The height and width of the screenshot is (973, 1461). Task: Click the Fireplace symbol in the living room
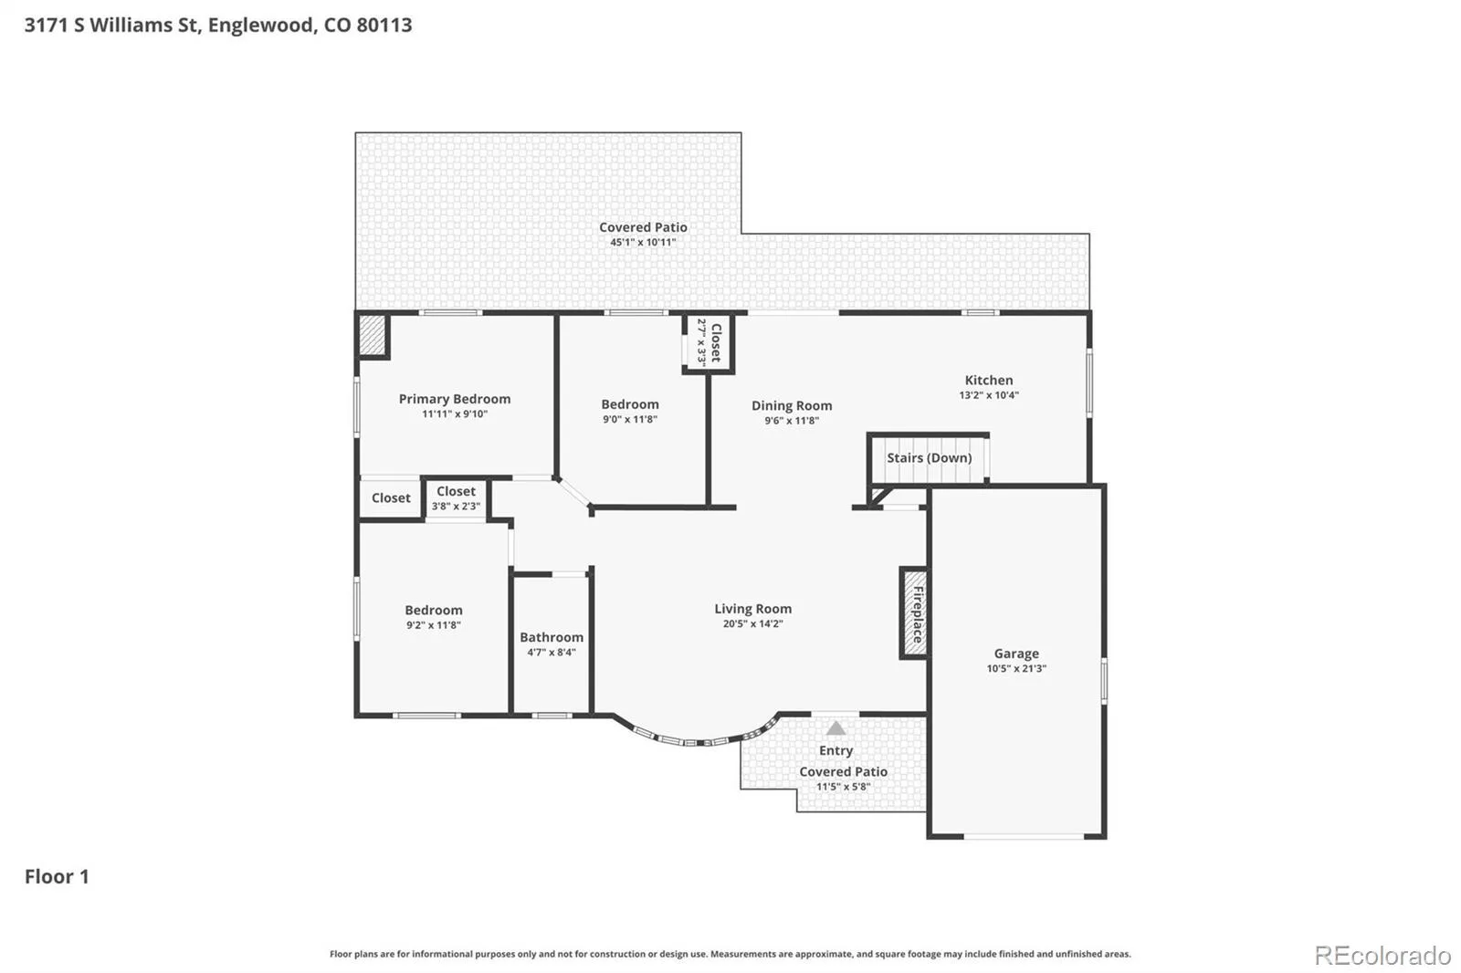914,613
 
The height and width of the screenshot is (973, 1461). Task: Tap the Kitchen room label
989,381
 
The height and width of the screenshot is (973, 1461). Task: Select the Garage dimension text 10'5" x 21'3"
1016,668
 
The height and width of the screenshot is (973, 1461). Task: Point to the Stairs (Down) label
930,458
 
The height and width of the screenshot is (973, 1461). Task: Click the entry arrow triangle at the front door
836,727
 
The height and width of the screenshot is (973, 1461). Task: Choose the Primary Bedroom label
455,399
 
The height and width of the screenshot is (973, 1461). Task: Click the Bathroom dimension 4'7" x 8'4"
552,652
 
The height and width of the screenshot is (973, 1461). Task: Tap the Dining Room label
792,405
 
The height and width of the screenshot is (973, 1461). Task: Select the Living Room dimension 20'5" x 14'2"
752,623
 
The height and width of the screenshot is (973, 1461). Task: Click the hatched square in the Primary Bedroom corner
373,336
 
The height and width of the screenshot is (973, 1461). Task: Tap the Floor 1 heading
57,876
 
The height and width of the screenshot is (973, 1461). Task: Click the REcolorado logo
1382,956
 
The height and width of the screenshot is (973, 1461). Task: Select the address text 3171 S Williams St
113,25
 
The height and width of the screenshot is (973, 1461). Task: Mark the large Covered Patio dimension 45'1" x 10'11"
643,242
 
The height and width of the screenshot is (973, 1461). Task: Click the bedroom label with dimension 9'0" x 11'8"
630,404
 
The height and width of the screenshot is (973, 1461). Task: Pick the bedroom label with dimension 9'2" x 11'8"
434,611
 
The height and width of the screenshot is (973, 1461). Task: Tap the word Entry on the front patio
836,750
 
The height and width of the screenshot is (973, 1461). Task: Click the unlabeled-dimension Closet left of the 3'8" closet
391,498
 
